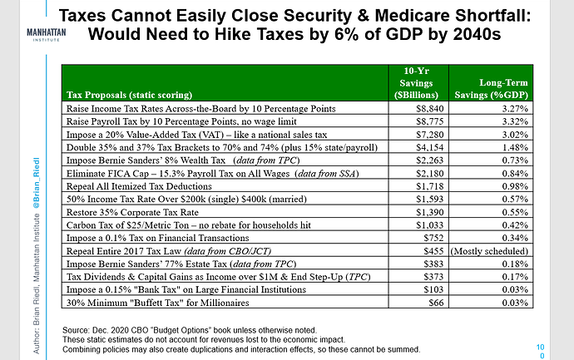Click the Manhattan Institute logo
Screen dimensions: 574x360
pos(47,35)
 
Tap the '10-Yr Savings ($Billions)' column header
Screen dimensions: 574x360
pos(416,83)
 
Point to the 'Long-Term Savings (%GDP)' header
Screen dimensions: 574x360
pos(492,89)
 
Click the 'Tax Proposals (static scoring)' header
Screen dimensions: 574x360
pos(129,95)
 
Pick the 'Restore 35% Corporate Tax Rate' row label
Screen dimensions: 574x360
pos(132,213)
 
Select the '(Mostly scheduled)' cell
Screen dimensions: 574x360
pos(489,251)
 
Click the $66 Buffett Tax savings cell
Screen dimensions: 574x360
pos(436,303)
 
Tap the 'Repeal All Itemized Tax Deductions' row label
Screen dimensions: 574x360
pos(139,186)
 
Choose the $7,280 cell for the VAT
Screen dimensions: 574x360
pos(430,135)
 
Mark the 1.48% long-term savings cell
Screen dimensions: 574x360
pos(515,147)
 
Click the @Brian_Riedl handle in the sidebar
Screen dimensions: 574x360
pos(37,183)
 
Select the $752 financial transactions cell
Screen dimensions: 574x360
pos(433,238)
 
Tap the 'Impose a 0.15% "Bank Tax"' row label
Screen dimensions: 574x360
pos(186,290)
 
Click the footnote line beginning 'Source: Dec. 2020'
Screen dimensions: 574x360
pos(190,330)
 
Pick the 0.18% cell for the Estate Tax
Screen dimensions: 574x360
pos(515,264)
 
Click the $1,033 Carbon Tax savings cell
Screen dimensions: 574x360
pos(430,225)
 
